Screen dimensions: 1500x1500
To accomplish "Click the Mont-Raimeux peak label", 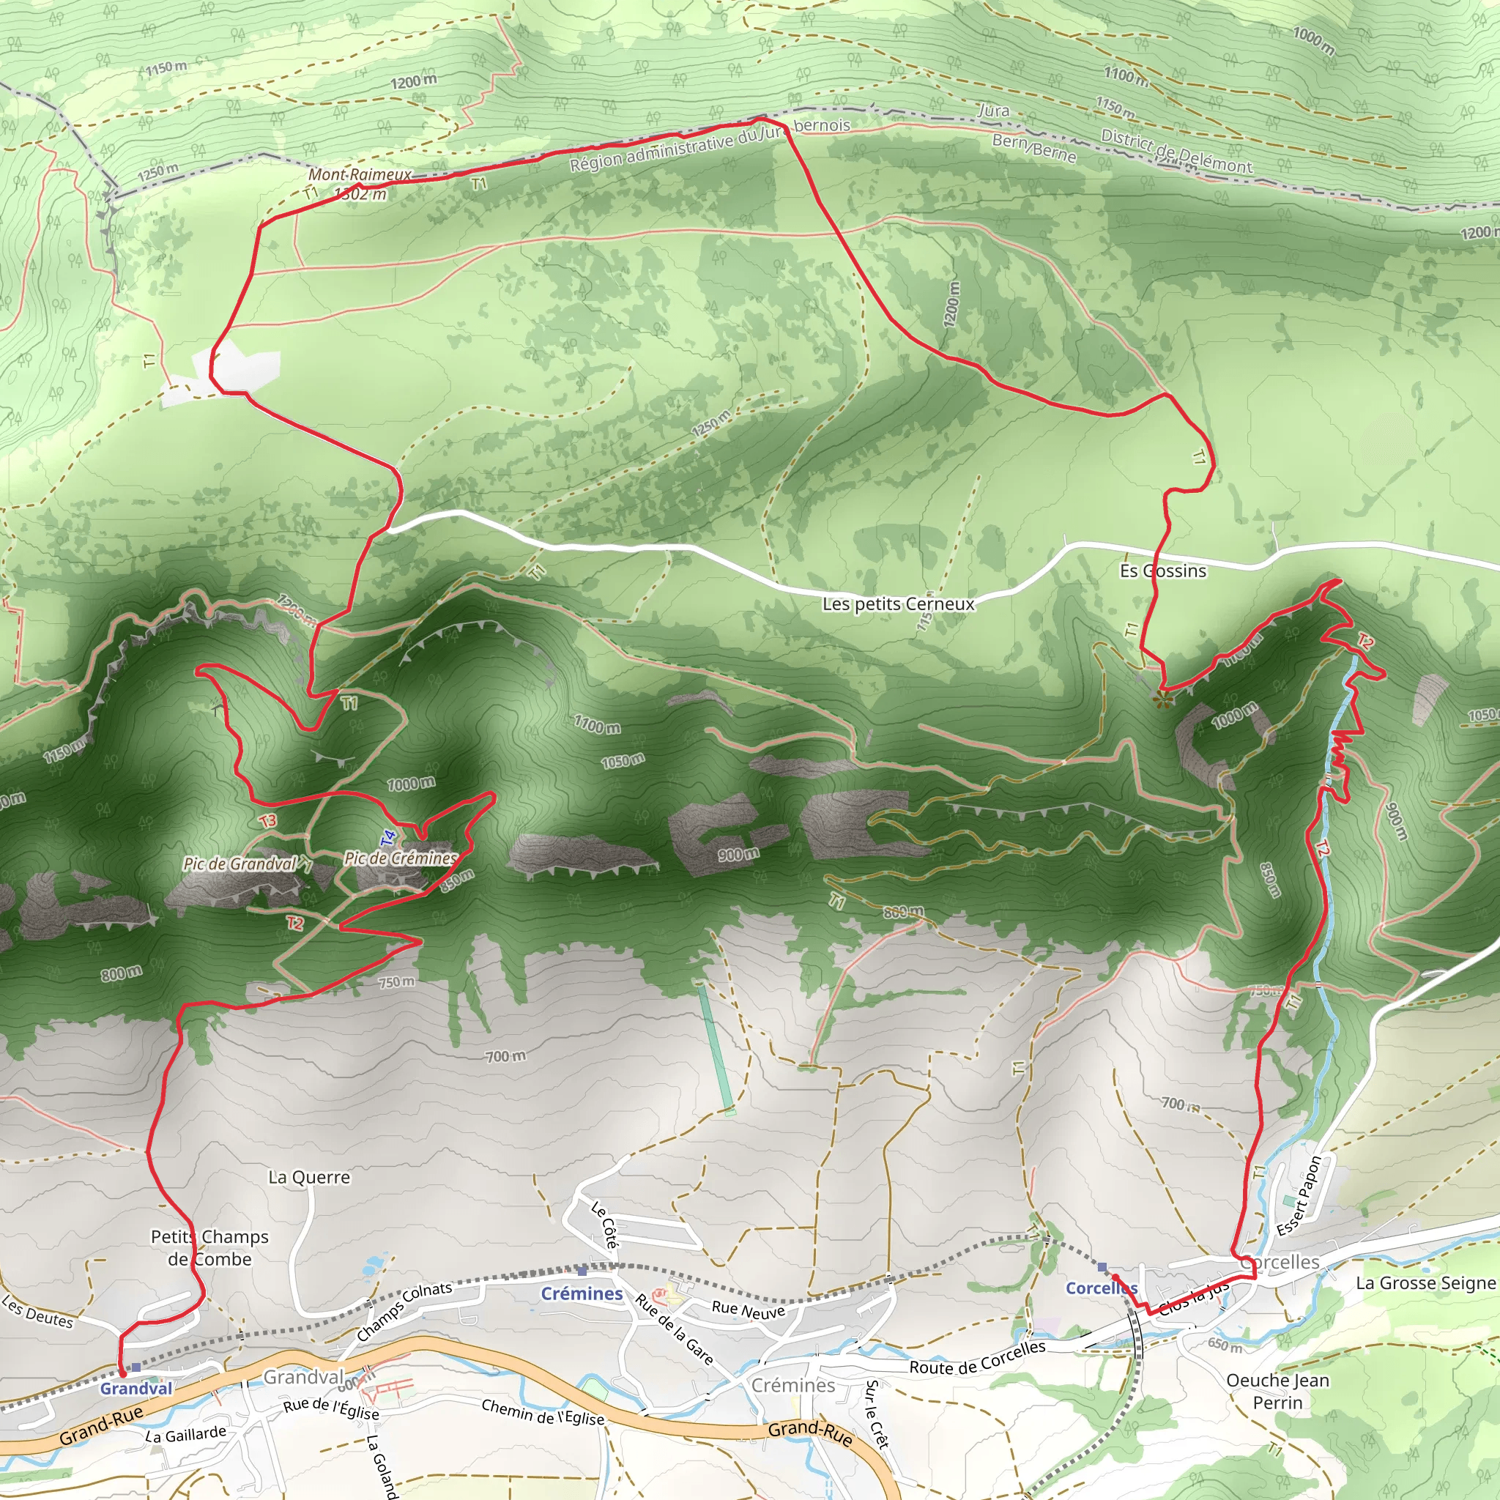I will (x=360, y=176).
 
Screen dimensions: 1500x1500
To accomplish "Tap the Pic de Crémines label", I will (x=401, y=858).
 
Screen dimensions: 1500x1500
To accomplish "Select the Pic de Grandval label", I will (x=241, y=864).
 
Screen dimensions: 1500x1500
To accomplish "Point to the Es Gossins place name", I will (x=1162, y=571).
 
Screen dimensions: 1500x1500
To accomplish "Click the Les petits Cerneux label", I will (x=898, y=604).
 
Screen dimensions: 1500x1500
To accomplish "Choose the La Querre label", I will (x=309, y=1177).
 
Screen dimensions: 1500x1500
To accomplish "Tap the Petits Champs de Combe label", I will (x=209, y=1247).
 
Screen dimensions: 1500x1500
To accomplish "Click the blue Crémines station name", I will (x=582, y=1293).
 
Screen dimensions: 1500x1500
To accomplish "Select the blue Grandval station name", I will (x=136, y=1388).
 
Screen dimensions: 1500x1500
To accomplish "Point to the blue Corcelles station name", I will (x=1100, y=1288).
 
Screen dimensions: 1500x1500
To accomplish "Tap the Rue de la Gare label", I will (x=674, y=1329).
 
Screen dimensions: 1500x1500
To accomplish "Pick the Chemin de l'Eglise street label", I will (x=543, y=1411).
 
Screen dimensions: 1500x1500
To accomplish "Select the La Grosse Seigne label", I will (x=1425, y=1283).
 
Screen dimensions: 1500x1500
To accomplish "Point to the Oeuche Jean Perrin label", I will (x=1278, y=1392).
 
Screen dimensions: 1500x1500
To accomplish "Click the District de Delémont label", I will (x=1176, y=151).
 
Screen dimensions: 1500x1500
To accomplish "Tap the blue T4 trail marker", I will (x=389, y=838).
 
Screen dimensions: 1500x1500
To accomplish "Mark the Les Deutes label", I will (x=37, y=1311).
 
